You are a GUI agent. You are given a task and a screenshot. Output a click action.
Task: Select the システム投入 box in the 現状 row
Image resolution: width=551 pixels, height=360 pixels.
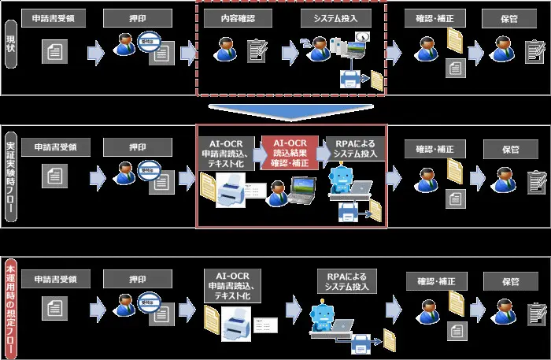tap(331, 17)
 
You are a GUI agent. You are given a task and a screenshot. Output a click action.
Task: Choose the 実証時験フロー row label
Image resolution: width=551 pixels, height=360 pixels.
tap(10, 175)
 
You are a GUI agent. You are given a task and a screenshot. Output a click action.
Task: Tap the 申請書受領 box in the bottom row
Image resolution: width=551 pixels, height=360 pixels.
tap(55, 280)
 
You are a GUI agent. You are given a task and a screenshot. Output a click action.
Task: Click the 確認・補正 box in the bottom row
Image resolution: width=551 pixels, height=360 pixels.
tap(434, 280)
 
